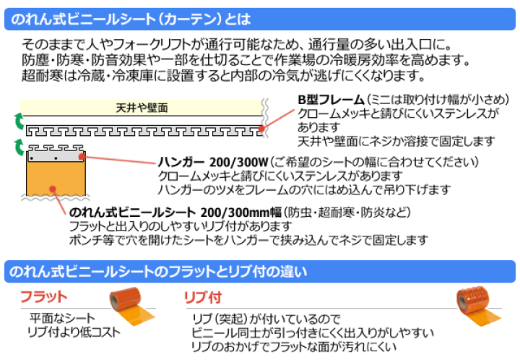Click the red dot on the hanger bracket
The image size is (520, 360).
point(82,155)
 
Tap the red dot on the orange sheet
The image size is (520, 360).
point(53,190)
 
